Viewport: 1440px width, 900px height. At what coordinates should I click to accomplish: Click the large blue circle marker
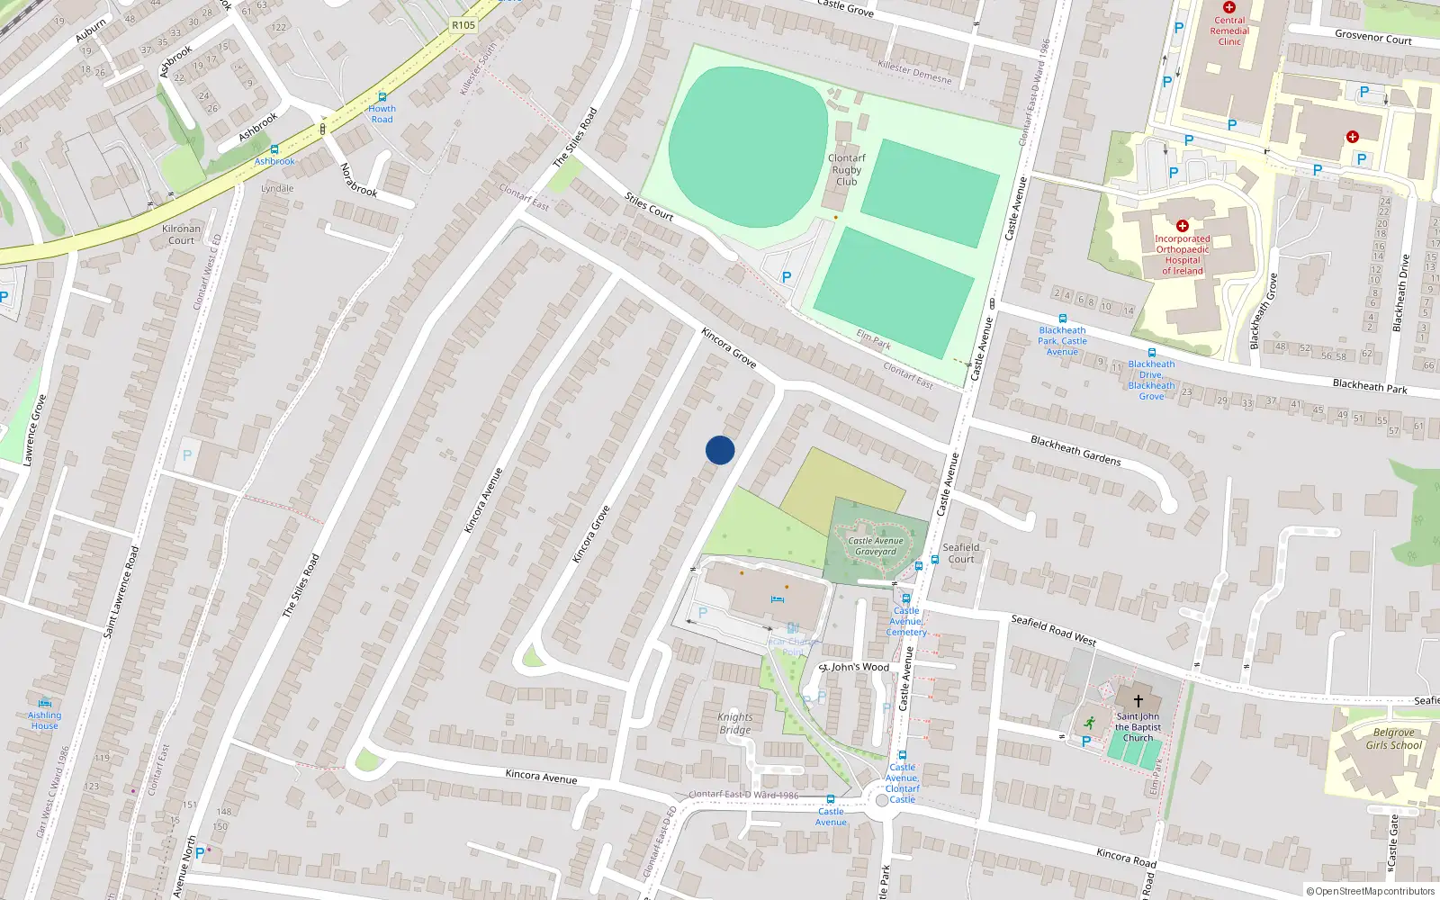coord(720,450)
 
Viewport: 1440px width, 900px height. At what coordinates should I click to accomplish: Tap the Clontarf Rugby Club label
coord(846,169)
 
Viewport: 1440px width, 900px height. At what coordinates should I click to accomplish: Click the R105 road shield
coord(463,25)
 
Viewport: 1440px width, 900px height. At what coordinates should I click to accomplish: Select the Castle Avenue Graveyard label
coord(876,546)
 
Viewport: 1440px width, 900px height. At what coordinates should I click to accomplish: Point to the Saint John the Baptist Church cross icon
coord(1138,701)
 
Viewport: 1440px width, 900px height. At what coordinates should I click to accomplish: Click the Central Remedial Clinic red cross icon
coord(1229,7)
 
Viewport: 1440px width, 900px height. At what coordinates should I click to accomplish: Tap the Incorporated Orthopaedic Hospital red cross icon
coord(1183,226)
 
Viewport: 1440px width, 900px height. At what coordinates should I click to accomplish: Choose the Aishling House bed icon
coord(44,703)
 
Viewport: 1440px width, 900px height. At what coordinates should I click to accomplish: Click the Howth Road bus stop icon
coord(382,97)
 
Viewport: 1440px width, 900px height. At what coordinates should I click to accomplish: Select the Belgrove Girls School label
coord(1393,739)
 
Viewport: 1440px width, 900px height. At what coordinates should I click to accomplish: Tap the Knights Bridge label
coord(734,724)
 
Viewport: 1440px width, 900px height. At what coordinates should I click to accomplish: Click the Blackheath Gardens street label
coord(1075,450)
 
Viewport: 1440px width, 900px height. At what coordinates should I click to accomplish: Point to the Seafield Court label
coord(961,553)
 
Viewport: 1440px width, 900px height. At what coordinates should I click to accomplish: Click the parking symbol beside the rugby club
coord(787,277)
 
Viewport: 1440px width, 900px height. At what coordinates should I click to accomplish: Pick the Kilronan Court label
coord(181,234)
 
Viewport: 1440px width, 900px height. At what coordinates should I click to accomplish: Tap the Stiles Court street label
coord(649,207)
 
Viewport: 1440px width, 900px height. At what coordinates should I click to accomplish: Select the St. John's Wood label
coord(854,667)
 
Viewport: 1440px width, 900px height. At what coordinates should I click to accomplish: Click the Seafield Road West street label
coord(1053,630)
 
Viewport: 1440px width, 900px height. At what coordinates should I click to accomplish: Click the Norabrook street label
coord(358,180)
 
